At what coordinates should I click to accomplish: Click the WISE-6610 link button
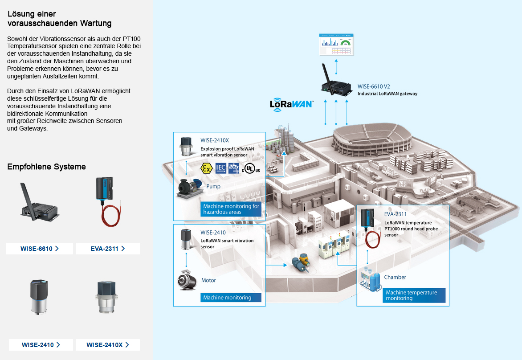click(x=40, y=249)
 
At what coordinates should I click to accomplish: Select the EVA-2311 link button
click(x=108, y=249)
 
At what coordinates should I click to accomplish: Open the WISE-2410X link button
click(x=108, y=345)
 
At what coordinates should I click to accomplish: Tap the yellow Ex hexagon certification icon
click(x=206, y=168)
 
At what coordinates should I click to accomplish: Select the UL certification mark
click(x=251, y=168)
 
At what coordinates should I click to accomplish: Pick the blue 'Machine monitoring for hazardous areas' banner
click(x=231, y=209)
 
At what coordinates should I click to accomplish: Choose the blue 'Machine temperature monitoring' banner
click(x=414, y=295)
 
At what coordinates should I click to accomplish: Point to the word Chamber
click(x=395, y=277)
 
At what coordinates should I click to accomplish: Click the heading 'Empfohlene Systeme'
click(x=46, y=167)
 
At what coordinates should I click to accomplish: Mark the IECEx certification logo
click(x=234, y=168)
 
